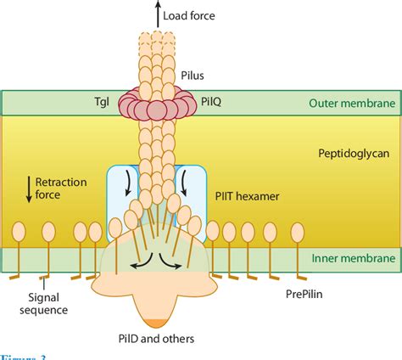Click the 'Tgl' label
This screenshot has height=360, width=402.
103,100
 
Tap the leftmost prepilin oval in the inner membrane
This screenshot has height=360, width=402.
16,233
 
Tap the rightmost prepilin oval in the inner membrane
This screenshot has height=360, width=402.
298,232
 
